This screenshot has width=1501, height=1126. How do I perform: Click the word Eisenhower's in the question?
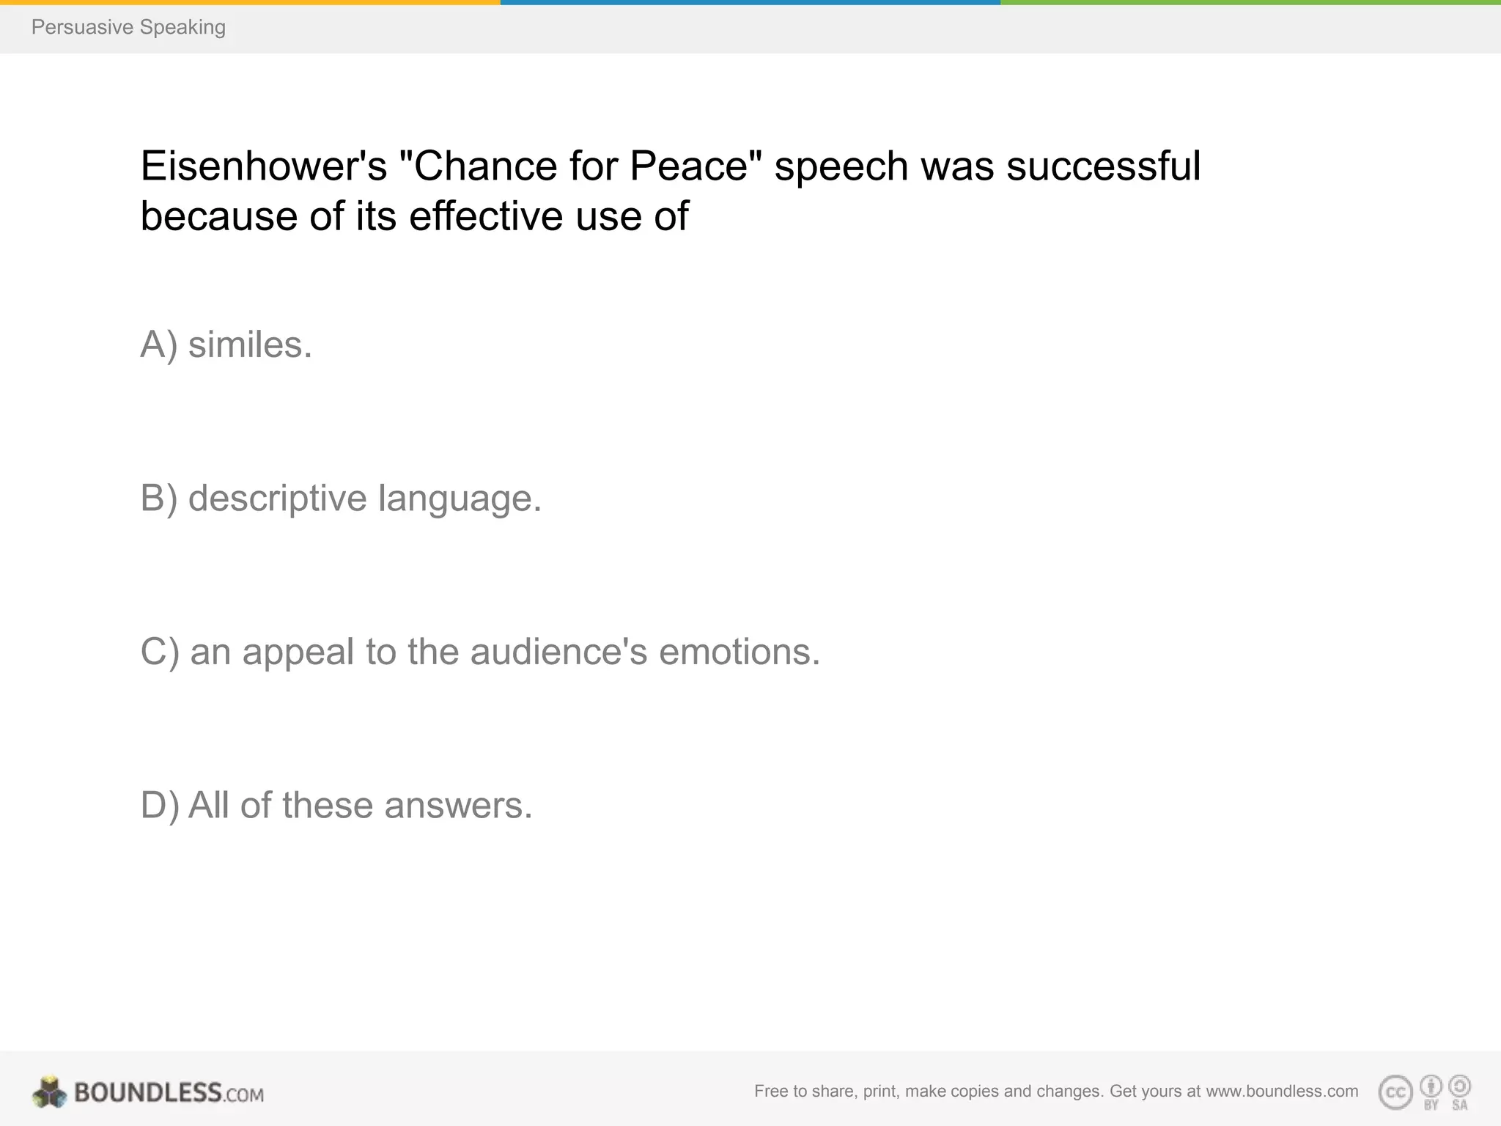point(263,166)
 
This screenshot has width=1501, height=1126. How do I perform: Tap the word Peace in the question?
point(689,166)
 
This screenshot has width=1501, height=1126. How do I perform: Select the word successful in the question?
point(1103,166)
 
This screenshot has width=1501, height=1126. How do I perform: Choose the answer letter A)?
point(159,345)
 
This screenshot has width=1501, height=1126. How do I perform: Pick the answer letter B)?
point(159,498)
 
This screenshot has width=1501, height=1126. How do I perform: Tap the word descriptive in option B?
point(277,498)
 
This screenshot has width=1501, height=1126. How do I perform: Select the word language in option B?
point(460,498)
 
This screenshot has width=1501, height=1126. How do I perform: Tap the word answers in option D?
point(458,805)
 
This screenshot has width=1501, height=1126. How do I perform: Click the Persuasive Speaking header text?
point(128,27)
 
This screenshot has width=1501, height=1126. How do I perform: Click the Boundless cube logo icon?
point(49,1092)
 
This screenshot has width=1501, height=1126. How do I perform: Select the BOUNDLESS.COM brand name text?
point(169,1093)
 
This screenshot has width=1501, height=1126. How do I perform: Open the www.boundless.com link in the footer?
point(1282,1092)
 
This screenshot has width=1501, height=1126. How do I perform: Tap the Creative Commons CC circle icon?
point(1395,1093)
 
